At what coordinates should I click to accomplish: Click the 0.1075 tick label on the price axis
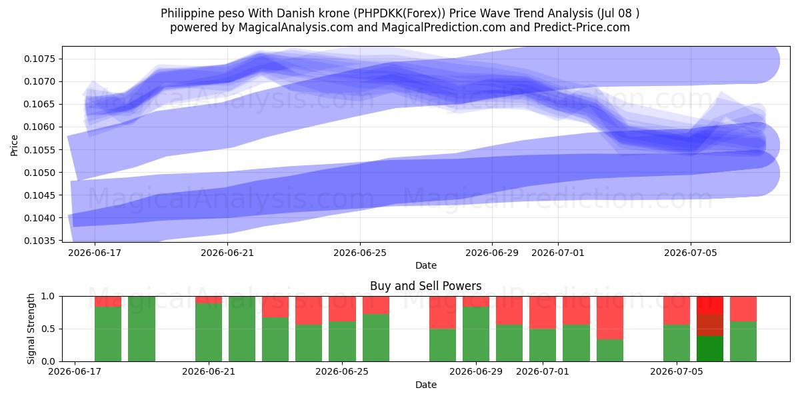coord(40,59)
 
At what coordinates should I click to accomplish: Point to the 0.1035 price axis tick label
coord(40,241)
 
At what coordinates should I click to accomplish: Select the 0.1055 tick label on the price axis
coord(40,149)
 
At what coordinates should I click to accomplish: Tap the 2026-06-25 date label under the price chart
coord(360,253)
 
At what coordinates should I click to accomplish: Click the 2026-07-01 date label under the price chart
coord(558,253)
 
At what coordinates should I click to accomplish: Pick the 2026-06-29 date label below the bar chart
coord(476,371)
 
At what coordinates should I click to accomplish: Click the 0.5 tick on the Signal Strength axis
coord(48,329)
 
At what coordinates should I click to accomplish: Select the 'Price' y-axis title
coord(14,145)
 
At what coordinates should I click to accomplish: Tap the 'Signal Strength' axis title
coord(31,329)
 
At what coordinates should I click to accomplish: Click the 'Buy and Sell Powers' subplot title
coord(426,286)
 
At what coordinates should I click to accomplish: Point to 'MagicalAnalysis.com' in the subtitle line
coord(296,27)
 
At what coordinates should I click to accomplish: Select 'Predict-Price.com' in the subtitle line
coord(582,27)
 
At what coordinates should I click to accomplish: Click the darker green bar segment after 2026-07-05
coord(710,349)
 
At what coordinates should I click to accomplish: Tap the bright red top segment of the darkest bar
coord(710,305)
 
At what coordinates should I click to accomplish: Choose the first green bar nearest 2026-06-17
coord(108,334)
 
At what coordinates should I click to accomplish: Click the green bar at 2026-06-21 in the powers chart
coord(209,333)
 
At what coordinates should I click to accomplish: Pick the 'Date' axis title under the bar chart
coord(426,385)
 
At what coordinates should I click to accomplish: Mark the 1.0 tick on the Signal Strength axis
coord(48,297)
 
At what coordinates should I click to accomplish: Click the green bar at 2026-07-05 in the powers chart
coord(677,343)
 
